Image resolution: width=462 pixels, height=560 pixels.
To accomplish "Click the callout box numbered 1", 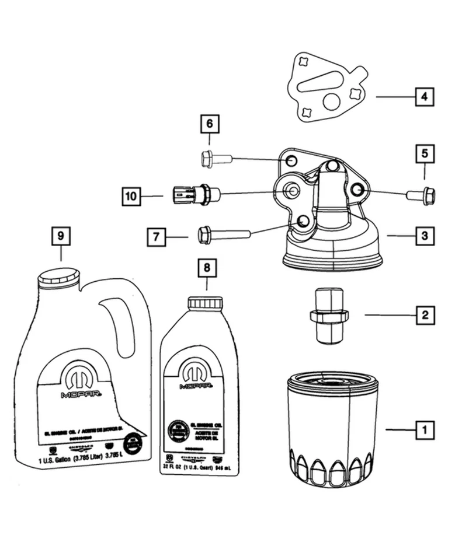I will pos(425,430).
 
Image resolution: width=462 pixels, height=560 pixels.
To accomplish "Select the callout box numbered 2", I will pos(425,316).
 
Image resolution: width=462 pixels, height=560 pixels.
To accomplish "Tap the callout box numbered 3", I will pos(425,236).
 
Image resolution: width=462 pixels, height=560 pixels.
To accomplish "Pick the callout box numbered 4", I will pos(425,96).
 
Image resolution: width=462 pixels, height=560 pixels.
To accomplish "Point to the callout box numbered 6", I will pos(210,124).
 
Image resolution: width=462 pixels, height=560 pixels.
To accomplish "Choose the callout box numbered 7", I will pos(157,237).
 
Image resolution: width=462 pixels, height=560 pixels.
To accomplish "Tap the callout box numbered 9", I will pos(60,236).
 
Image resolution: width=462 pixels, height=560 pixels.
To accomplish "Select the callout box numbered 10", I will pos(132,196).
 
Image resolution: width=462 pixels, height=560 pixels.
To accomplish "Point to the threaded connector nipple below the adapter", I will pos(328,316).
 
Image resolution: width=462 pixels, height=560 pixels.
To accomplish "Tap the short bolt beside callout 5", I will pos(421,195).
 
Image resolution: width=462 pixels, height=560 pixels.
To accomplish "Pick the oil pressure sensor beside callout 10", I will pos(196,194).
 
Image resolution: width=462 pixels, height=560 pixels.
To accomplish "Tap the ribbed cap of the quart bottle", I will pos(205,302).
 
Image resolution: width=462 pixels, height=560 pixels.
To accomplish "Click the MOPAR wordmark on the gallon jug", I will pos(80,394).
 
